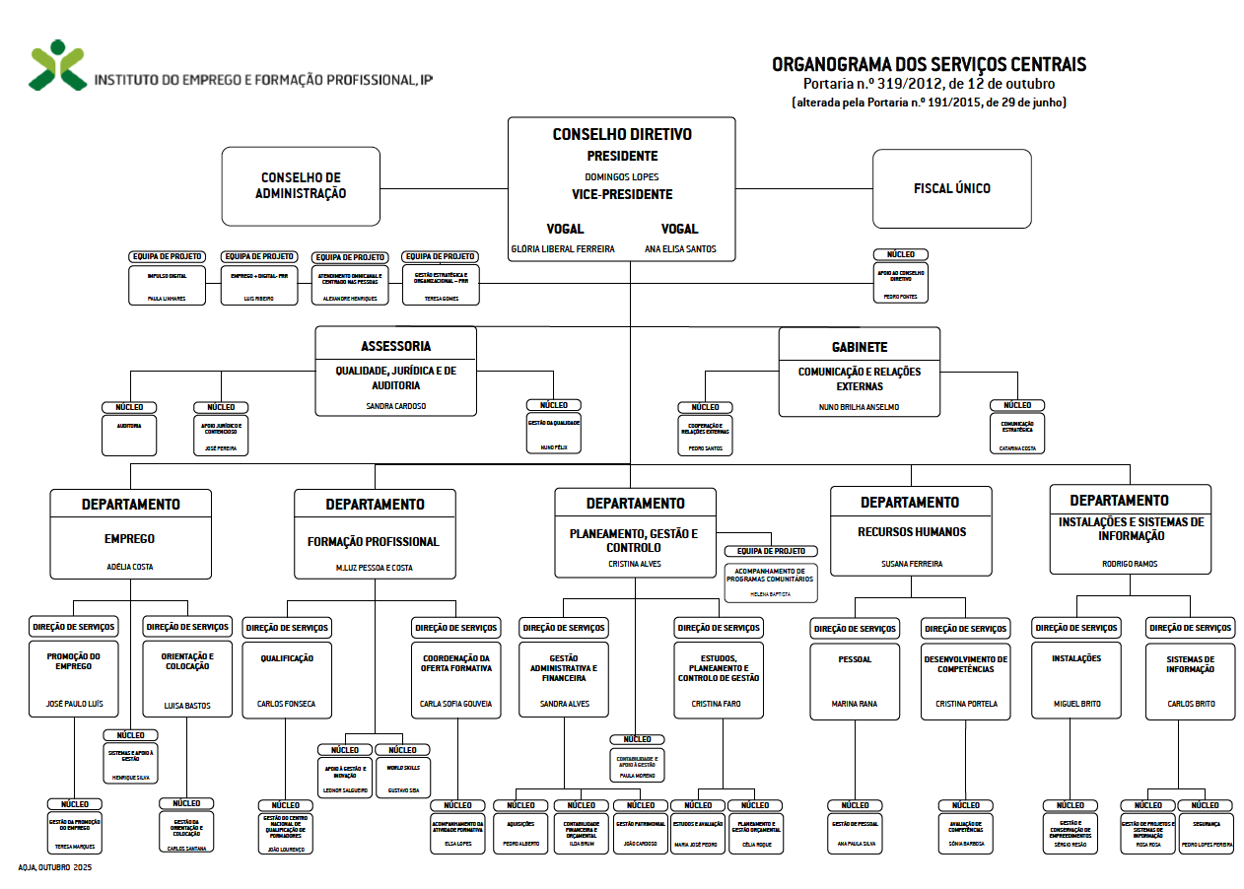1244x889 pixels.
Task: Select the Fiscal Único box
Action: pos(951,188)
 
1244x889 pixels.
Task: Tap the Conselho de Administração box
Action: pos(301,186)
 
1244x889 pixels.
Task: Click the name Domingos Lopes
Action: pos(622,176)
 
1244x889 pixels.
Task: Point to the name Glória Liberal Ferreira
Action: pos(563,249)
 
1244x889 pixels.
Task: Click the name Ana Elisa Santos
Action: pos(680,249)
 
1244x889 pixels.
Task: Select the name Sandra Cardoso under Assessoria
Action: pos(395,405)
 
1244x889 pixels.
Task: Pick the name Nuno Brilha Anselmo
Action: pos(859,407)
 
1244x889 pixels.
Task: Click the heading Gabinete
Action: pos(860,347)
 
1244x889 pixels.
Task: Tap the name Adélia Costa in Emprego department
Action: pos(130,567)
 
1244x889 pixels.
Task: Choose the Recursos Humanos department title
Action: pos(912,532)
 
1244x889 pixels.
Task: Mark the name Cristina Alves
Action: pos(635,564)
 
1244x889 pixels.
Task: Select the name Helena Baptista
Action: pos(772,594)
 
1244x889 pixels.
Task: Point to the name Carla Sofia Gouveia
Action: pos(455,704)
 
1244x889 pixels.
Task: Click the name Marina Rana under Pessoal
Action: pos(855,704)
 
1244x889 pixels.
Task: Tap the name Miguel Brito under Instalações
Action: pos(1076,704)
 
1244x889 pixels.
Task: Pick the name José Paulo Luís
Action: pos(74,704)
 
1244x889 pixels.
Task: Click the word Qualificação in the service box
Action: pos(287,658)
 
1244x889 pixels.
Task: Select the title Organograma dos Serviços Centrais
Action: pos(929,65)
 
